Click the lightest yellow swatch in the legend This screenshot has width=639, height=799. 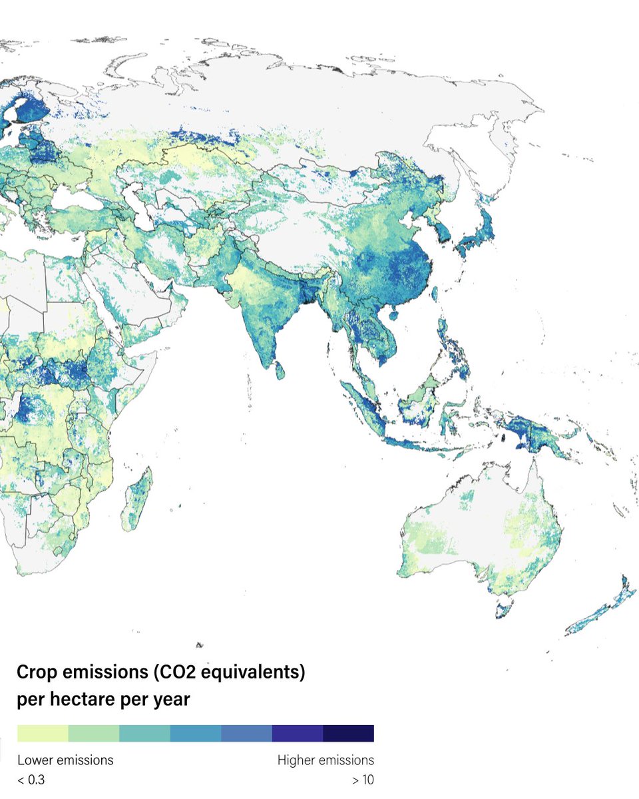click(43, 733)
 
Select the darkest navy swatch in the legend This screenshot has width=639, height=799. click(348, 733)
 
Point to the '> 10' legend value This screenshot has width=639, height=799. click(363, 780)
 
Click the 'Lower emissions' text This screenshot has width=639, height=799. click(65, 760)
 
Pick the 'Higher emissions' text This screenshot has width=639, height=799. click(325, 760)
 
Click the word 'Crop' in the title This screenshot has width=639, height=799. click(37, 672)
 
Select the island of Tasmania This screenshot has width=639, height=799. click(505, 607)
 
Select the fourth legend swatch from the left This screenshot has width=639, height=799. click(196, 733)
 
